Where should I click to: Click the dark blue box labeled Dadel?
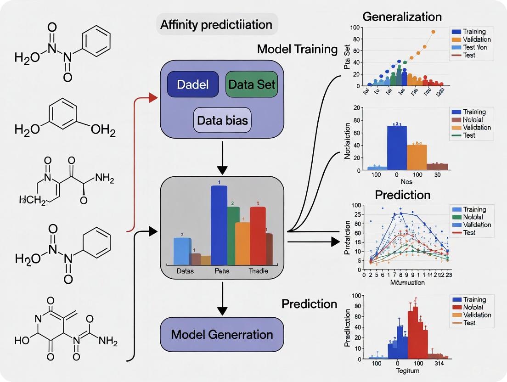(x=192, y=84)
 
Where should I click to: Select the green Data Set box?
(x=252, y=84)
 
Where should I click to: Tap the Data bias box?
(x=222, y=120)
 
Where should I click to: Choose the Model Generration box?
(x=222, y=334)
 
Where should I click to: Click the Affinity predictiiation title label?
(x=216, y=25)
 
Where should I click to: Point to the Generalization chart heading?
(x=402, y=17)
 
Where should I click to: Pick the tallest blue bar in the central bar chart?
(x=219, y=225)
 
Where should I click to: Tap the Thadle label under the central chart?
(x=258, y=271)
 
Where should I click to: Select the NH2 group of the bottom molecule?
(x=108, y=342)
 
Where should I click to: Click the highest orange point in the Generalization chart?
(x=433, y=32)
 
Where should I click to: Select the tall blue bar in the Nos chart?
(x=397, y=147)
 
